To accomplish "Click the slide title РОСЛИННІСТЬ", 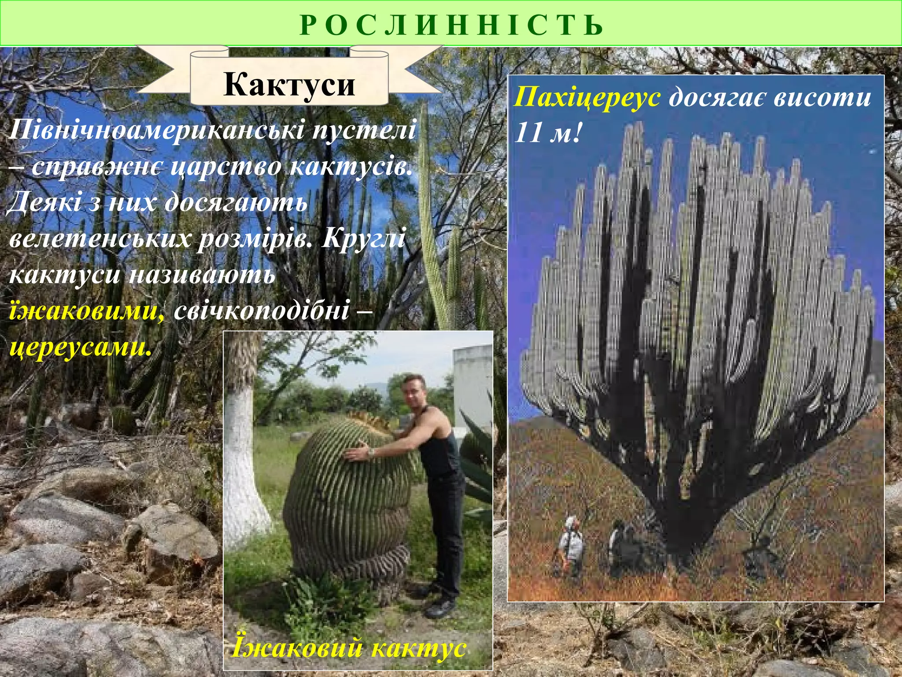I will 451,25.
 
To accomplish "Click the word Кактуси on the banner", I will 289,84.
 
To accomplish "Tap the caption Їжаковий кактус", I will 348,647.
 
